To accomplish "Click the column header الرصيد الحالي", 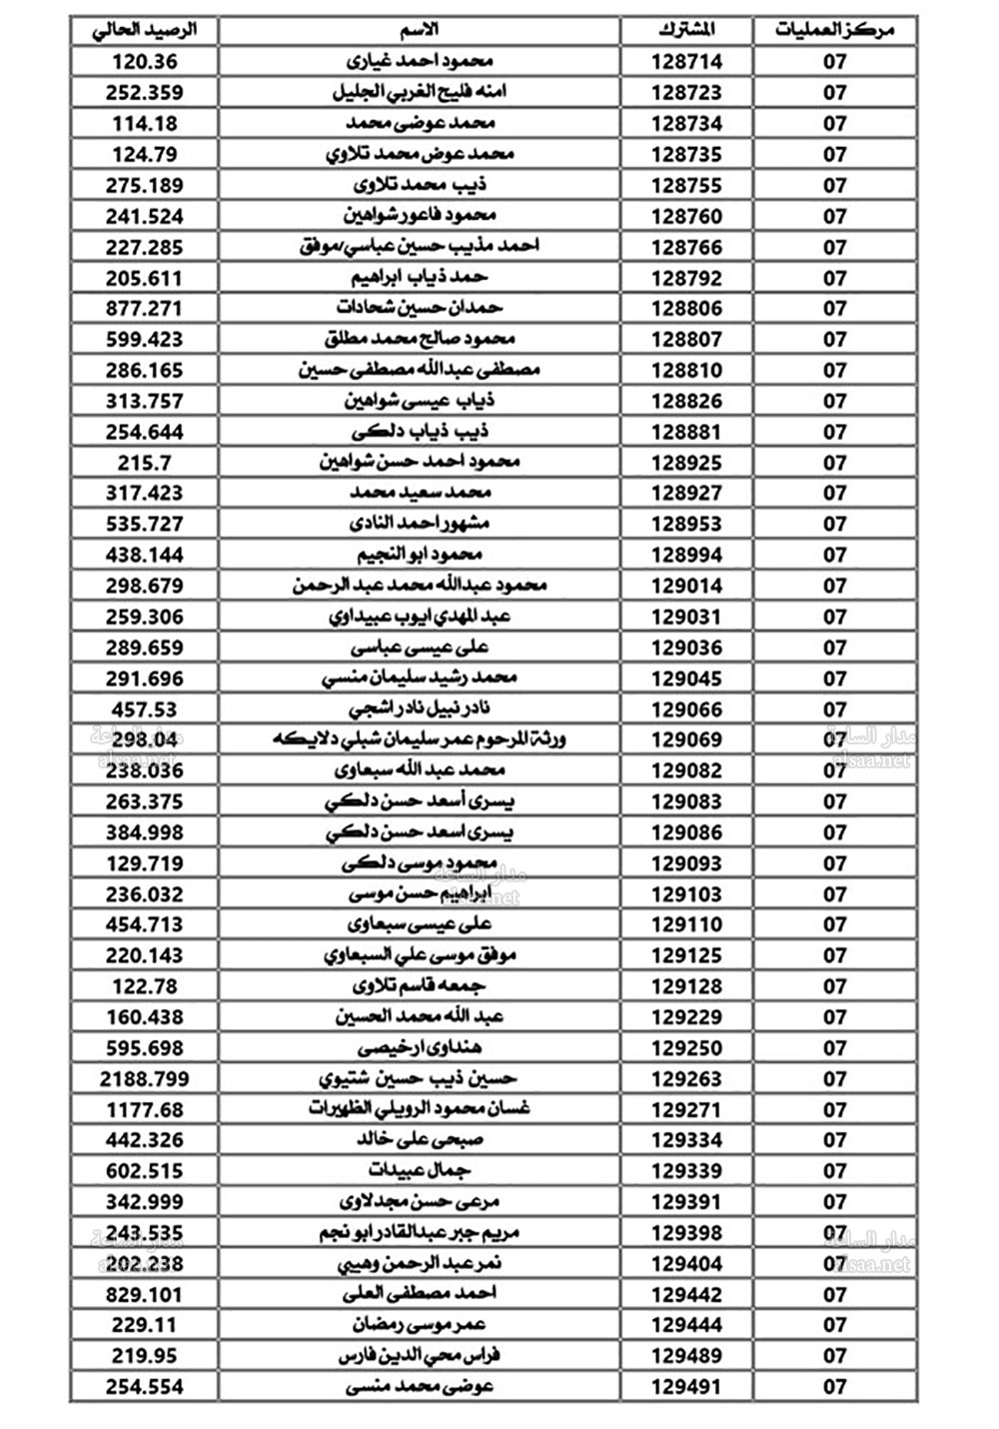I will [x=145, y=30].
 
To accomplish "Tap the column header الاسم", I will [x=420, y=30].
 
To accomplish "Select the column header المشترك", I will [x=687, y=30].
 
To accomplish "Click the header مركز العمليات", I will [x=835, y=30].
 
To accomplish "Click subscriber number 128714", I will [x=687, y=61].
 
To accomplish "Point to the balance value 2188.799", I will [x=145, y=1079].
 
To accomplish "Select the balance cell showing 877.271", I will [x=145, y=308].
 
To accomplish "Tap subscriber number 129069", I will [x=687, y=739].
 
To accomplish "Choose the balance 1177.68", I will [x=145, y=1110].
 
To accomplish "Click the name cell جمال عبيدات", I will [x=420, y=1170].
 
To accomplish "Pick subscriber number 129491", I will [x=687, y=1387].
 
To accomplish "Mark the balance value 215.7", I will [x=145, y=463].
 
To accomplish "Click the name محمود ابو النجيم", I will [x=420, y=555].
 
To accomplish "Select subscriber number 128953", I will [x=687, y=524].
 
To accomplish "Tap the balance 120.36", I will [x=145, y=61].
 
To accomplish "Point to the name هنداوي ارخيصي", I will [x=420, y=1048].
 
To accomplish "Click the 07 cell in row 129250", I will [x=835, y=1048].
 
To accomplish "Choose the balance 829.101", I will [x=145, y=1295].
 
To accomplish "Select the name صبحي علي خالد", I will [x=420, y=1140].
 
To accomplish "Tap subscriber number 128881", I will [x=687, y=432].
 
